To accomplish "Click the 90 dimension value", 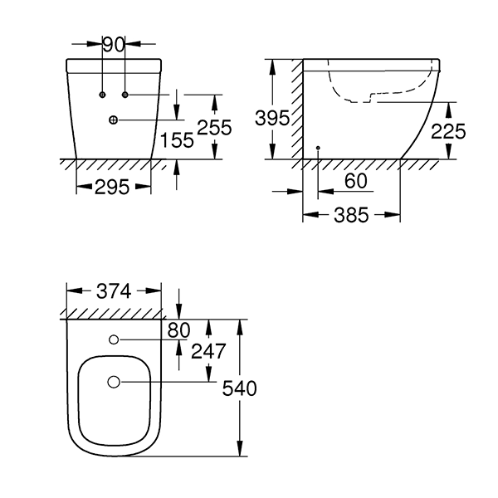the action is [x=114, y=45].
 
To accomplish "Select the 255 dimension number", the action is [x=215, y=128].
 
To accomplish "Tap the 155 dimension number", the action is [x=177, y=140].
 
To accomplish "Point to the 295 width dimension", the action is [x=112, y=187].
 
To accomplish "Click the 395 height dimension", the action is [x=272, y=118].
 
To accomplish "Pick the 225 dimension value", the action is [x=448, y=131].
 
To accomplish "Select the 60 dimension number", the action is [x=356, y=181].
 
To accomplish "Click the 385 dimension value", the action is [x=351, y=215].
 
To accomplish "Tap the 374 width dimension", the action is [x=114, y=291].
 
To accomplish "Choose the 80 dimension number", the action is [x=178, y=330].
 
